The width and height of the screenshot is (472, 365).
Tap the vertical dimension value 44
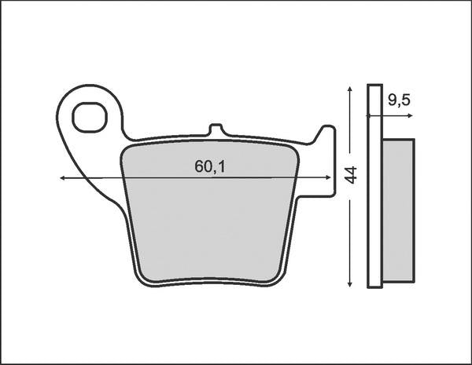(x=351, y=175)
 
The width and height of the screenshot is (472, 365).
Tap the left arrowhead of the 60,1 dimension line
(x=63, y=179)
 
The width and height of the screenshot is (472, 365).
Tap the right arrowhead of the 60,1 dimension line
(x=330, y=179)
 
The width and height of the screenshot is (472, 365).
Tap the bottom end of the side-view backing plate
(x=374, y=287)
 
